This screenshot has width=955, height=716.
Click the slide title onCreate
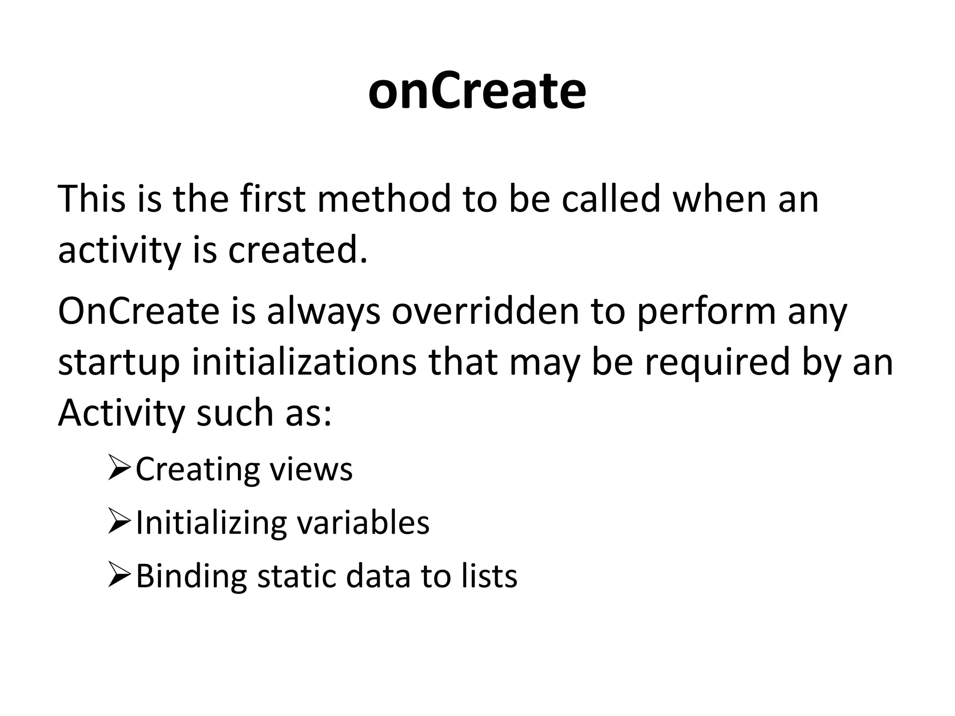click(477, 91)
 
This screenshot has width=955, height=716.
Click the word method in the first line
click(384, 199)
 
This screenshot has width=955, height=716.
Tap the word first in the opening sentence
click(273, 199)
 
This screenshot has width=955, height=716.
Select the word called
click(610, 199)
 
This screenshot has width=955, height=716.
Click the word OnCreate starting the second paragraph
click(138, 311)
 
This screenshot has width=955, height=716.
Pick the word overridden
click(485, 311)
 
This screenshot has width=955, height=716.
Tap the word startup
click(119, 364)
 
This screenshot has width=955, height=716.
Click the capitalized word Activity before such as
click(121, 414)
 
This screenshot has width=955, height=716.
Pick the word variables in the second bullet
click(363, 523)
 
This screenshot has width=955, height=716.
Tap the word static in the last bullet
click(296, 576)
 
